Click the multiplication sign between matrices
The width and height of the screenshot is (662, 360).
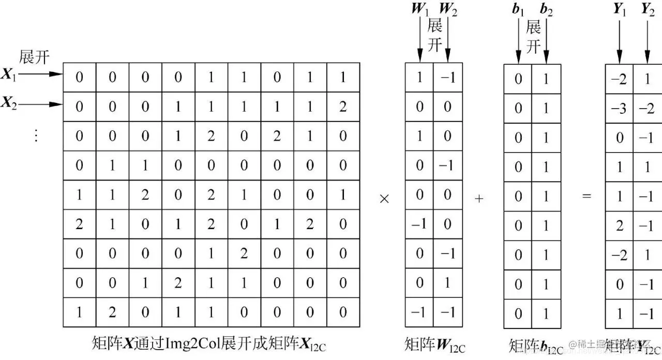(x=384, y=198)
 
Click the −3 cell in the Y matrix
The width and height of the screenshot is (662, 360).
(x=619, y=109)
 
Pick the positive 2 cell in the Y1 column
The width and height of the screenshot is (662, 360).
(x=620, y=226)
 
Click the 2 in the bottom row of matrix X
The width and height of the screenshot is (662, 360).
(x=112, y=312)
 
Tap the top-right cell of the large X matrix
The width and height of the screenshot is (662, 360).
(x=342, y=78)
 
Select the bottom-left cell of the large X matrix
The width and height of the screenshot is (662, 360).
(x=79, y=312)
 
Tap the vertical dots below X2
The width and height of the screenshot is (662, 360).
(x=36, y=136)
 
